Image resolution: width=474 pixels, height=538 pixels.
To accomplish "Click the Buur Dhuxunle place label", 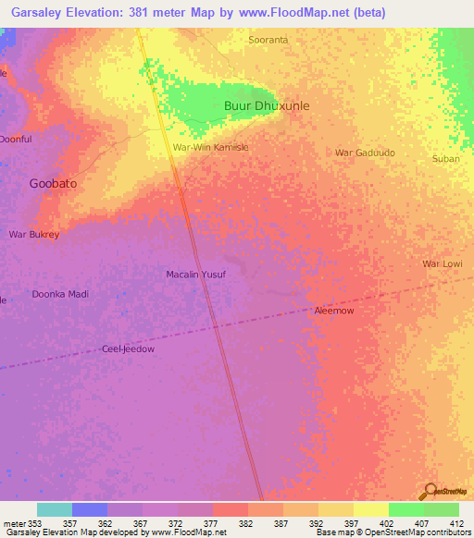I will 267,106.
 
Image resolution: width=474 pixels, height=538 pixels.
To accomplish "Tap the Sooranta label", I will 268,40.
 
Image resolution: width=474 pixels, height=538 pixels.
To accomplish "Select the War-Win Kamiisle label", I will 211,147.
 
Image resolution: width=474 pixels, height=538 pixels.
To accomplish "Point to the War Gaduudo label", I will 365,153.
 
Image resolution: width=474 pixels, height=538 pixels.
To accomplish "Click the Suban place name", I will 445,159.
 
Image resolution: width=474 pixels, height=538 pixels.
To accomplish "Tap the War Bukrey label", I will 34,235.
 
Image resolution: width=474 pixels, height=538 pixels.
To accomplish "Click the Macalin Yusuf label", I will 195,275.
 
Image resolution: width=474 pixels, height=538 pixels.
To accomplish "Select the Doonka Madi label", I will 60,294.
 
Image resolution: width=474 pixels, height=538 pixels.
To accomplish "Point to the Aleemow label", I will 334,312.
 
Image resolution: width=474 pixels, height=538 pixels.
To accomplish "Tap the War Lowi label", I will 442,264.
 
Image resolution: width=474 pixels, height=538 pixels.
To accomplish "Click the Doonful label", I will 14,140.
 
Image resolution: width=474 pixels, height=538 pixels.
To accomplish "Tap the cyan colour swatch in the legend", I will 55,509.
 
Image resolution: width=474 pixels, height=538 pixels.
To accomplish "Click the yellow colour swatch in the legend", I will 370,509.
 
